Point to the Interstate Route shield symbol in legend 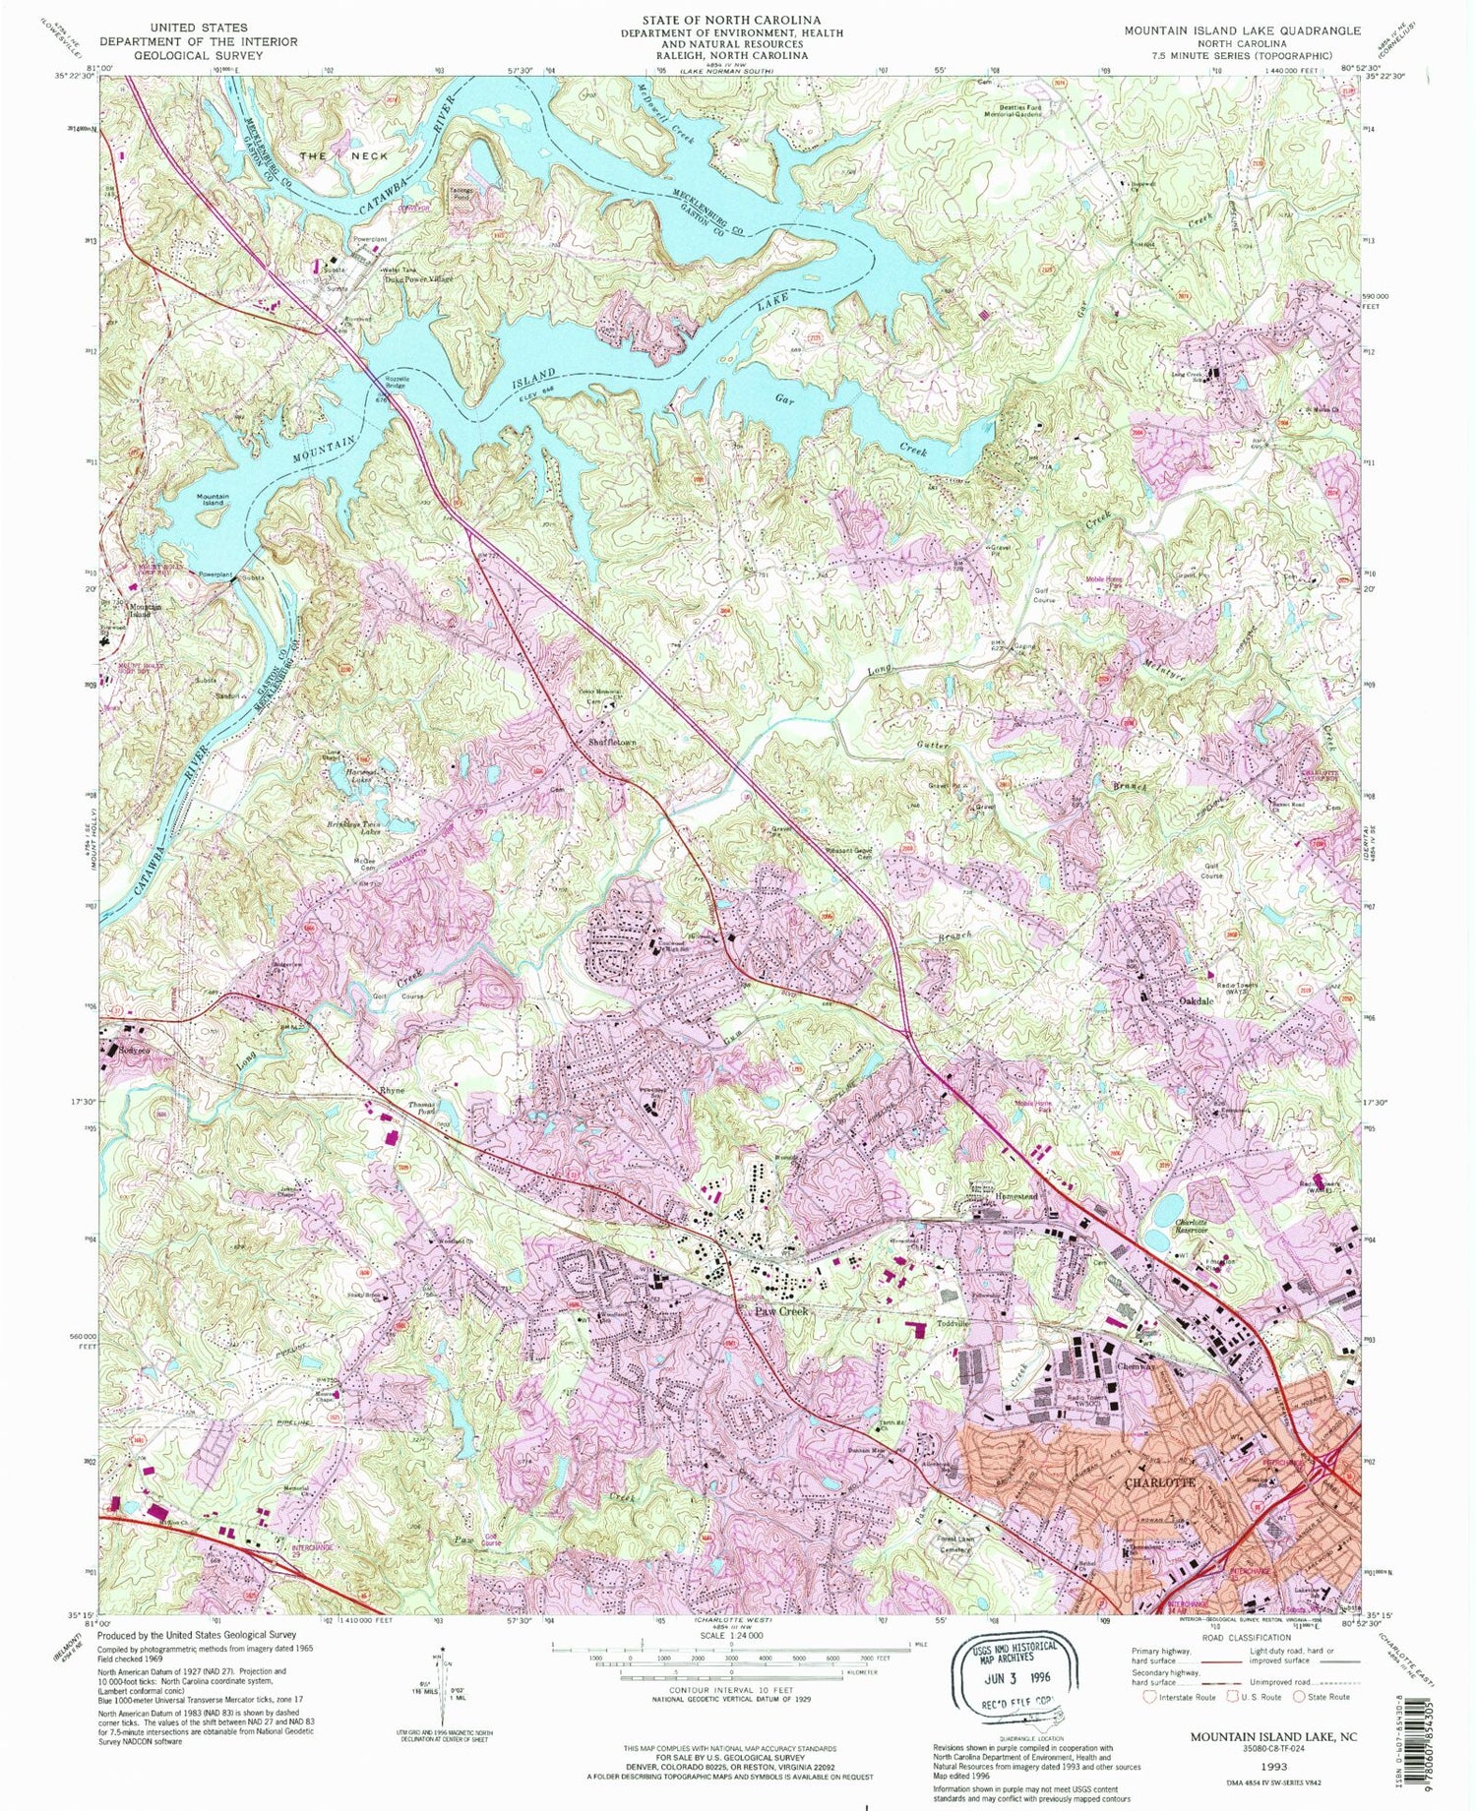[x=1151, y=1696]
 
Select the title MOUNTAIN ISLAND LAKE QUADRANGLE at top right [x=1243, y=31]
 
